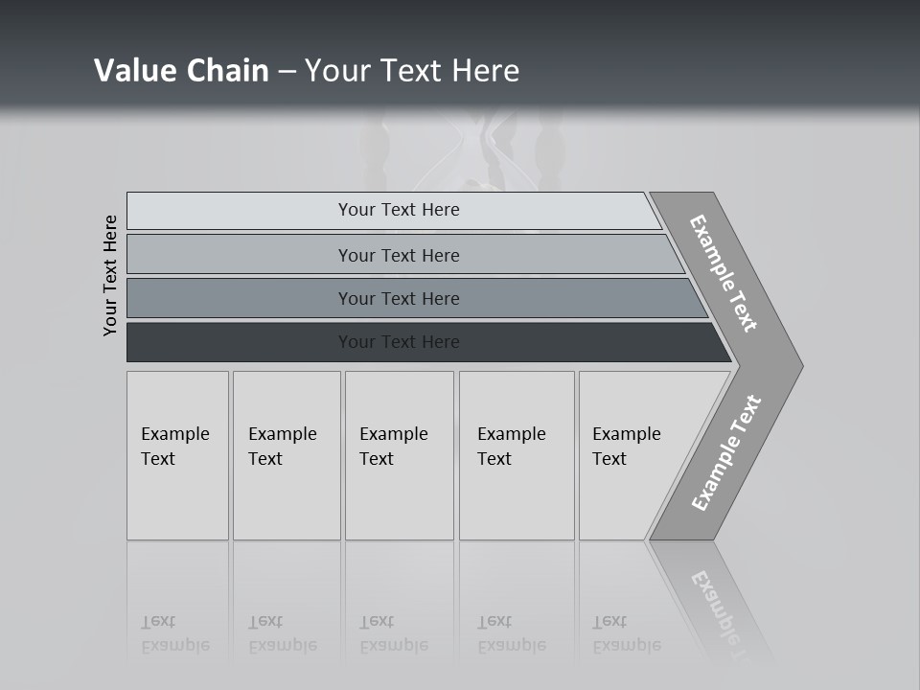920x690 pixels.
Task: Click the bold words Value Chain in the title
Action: (181, 70)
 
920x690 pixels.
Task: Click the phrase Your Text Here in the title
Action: (412, 70)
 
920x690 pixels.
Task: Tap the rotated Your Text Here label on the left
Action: (111, 275)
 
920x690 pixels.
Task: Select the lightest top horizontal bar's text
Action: (399, 210)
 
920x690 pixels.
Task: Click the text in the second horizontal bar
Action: (399, 255)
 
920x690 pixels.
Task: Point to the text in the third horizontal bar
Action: (399, 298)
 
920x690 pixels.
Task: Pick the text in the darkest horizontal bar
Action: (399, 341)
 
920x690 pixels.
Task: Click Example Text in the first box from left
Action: (174, 447)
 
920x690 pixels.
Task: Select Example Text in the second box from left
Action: (282, 447)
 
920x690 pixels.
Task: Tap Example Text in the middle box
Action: (393, 447)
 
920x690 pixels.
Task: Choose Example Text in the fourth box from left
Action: (511, 447)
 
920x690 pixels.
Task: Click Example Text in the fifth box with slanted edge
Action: (626, 447)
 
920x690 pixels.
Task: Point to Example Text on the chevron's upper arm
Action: (724, 273)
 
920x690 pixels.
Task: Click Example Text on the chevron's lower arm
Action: (726, 452)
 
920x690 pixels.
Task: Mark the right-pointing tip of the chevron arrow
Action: (800, 365)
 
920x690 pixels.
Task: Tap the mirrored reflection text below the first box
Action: (174, 633)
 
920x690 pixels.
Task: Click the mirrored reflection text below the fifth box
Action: (626, 633)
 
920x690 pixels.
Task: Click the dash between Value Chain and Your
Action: (287, 71)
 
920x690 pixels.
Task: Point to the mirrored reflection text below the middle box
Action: (393, 633)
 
